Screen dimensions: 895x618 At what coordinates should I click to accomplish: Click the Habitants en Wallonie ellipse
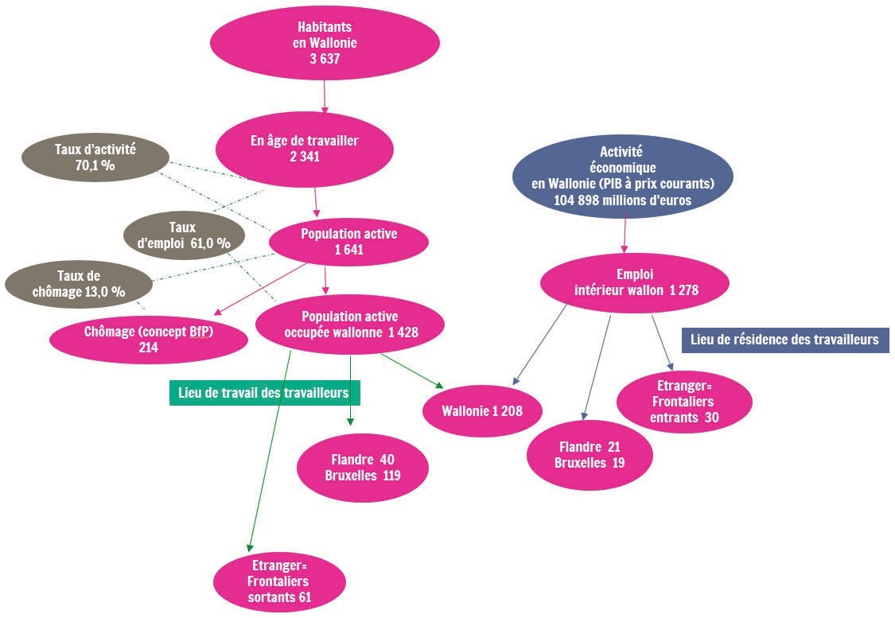(x=325, y=43)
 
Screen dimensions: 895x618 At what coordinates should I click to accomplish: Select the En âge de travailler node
(x=305, y=149)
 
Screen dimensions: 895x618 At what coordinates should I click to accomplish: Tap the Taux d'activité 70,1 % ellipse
(x=95, y=157)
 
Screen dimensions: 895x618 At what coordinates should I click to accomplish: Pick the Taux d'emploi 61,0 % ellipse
(x=184, y=235)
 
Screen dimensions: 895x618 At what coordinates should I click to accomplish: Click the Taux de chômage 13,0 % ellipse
(x=79, y=284)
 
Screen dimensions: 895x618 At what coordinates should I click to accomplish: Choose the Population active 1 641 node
(x=348, y=241)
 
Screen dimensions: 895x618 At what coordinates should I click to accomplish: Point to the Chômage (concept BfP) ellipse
(x=149, y=339)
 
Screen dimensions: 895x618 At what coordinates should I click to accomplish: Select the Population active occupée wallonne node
(x=350, y=325)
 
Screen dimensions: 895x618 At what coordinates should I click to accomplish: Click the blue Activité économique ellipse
(x=623, y=176)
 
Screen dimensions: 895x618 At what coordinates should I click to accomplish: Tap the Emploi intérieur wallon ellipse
(x=635, y=282)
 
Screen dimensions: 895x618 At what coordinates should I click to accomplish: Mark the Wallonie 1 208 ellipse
(x=482, y=411)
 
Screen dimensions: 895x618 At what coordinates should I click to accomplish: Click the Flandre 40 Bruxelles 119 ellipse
(x=363, y=468)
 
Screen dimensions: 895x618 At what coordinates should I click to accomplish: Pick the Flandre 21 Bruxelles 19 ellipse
(x=590, y=455)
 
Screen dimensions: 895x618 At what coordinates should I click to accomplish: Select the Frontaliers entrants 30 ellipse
(x=684, y=401)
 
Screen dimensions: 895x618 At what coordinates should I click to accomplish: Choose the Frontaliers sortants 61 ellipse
(x=280, y=581)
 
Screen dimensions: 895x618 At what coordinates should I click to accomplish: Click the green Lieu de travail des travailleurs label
(x=264, y=393)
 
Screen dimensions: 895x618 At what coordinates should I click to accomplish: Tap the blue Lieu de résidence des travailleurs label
(x=785, y=340)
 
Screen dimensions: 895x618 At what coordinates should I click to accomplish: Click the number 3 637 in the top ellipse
(x=325, y=59)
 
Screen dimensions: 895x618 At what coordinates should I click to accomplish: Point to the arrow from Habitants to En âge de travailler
(x=325, y=96)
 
